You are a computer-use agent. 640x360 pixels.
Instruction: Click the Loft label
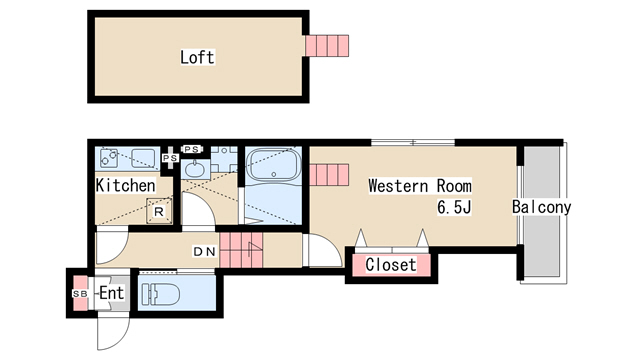[197, 57]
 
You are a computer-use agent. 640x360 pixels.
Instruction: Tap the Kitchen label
[125, 185]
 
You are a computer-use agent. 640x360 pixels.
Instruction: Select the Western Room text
[420, 186]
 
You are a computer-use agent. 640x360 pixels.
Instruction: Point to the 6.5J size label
[454, 207]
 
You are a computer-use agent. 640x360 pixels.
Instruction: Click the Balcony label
[541, 207]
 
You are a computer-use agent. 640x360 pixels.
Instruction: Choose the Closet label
[391, 264]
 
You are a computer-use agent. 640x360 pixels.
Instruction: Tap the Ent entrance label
[111, 293]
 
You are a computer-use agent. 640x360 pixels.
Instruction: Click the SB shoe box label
[80, 293]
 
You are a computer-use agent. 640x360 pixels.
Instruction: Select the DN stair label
[204, 252]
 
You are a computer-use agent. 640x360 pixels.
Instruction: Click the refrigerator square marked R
[159, 211]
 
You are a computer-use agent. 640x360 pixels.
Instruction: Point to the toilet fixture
[160, 294]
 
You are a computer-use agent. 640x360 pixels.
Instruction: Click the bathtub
[273, 165]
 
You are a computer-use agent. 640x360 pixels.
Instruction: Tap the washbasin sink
[195, 169]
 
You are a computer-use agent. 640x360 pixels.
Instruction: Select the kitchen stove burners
[109, 158]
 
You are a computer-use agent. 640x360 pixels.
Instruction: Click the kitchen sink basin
[143, 158]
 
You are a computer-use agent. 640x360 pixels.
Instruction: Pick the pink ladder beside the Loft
[327, 46]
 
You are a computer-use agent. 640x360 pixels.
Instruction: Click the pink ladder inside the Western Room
[329, 175]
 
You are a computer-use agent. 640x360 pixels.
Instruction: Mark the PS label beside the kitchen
[170, 158]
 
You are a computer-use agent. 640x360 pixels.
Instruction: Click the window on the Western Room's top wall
[413, 142]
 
